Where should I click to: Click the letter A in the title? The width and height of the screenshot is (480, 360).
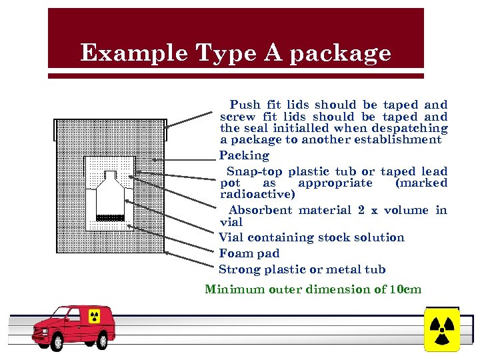click(x=273, y=53)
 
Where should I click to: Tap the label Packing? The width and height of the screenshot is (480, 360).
click(x=244, y=155)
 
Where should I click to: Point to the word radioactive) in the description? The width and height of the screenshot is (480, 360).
click(x=257, y=195)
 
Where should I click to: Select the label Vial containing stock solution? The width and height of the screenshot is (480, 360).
click(x=311, y=237)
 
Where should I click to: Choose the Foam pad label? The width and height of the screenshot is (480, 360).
click(x=249, y=253)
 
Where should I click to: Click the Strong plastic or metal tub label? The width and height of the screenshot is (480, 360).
click(x=302, y=269)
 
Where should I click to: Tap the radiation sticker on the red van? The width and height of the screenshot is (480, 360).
click(x=94, y=315)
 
